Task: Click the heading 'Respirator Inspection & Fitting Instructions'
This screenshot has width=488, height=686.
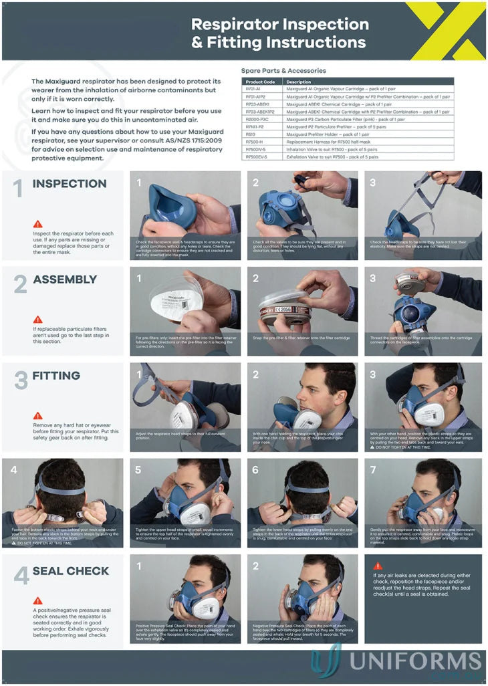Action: (279, 33)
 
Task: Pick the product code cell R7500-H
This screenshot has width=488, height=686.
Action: (255, 142)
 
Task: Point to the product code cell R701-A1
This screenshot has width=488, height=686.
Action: (253, 89)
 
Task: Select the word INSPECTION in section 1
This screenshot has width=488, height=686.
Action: (69, 184)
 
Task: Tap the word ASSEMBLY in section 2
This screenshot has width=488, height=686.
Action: (65, 279)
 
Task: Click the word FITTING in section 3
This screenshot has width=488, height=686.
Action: (56, 376)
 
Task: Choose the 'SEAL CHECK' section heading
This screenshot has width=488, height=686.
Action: (70, 571)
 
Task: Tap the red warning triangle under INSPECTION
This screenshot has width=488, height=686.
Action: (37, 224)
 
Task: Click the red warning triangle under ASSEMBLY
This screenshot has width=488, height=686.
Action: (37, 320)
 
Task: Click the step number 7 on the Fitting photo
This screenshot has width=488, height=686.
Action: (373, 470)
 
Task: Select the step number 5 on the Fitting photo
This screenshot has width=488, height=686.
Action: (138, 470)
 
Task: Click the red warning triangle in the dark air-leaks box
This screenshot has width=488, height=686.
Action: (378, 566)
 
